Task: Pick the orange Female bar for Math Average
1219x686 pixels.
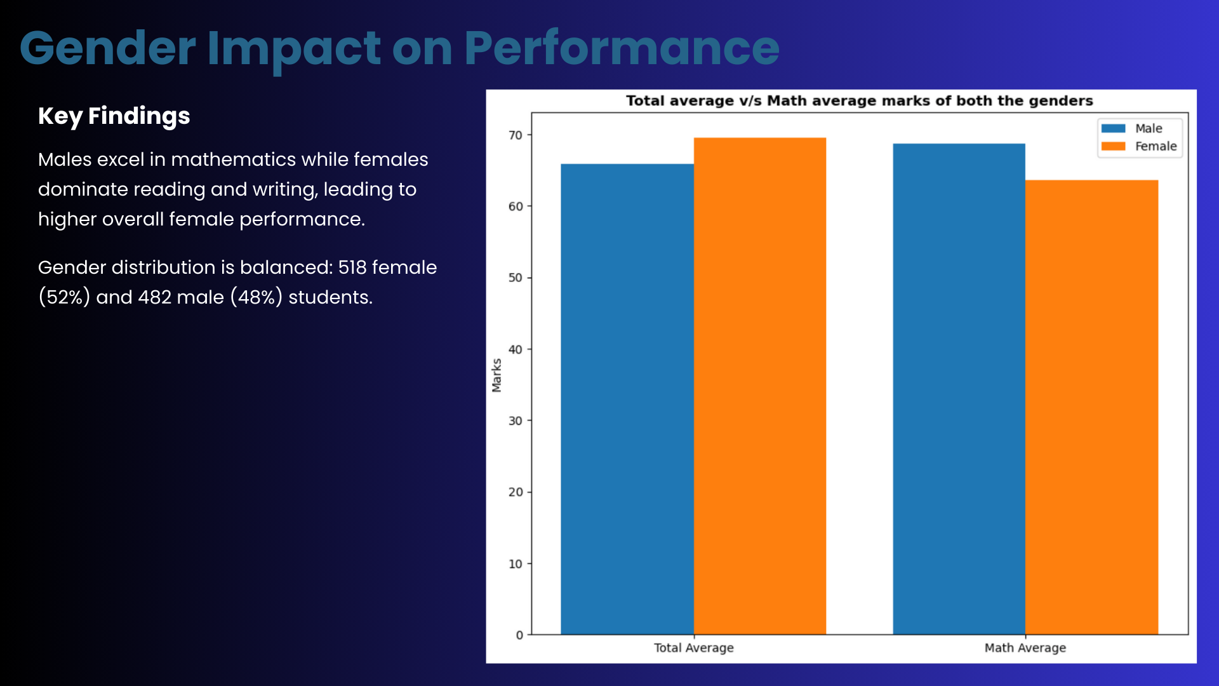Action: pos(1091,407)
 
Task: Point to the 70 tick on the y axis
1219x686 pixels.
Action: pos(516,135)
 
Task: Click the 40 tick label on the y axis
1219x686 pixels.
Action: pos(516,349)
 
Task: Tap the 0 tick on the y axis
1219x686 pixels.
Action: pos(519,635)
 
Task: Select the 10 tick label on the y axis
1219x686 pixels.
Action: pos(516,563)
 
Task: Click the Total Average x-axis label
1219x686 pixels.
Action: pos(693,648)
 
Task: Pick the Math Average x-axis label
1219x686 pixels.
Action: pos(1025,648)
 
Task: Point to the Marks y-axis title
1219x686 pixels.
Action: pos(496,375)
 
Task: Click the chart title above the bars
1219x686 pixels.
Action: pos(859,101)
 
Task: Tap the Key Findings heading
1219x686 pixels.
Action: pos(114,116)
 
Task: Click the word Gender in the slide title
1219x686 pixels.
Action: pos(108,48)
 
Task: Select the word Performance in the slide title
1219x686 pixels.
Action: pos(622,48)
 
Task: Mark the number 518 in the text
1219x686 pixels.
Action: pos(352,267)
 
